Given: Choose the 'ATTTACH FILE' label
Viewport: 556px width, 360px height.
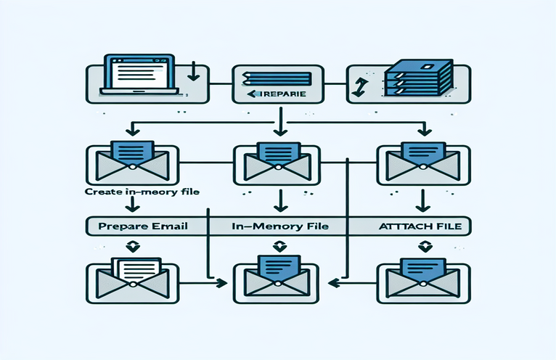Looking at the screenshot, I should tap(414, 226).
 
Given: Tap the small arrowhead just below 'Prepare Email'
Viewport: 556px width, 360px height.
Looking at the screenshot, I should tap(131, 246).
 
